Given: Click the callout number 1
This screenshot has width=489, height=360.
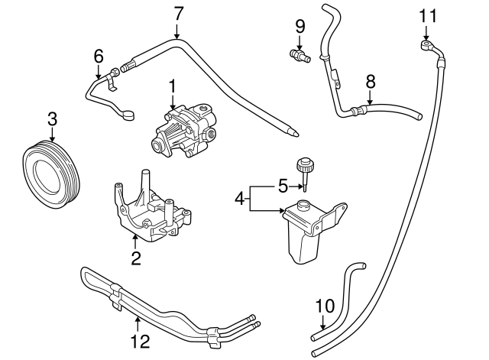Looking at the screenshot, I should [173, 86].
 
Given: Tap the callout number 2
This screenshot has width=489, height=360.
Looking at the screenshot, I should [136, 258].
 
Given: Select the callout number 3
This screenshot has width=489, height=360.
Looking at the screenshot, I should [52, 118].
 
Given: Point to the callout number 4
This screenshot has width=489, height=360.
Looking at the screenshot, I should [239, 199].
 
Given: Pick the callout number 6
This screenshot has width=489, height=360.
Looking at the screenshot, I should [98, 56].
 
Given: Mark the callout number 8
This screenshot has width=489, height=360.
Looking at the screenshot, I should [371, 80].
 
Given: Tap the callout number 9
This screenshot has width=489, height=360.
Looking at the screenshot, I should [300, 26].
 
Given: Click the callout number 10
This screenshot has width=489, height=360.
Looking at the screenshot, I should [325, 306].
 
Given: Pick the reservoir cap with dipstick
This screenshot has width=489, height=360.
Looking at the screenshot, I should [306, 167].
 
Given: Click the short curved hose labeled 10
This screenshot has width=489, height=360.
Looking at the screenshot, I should [340, 298].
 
